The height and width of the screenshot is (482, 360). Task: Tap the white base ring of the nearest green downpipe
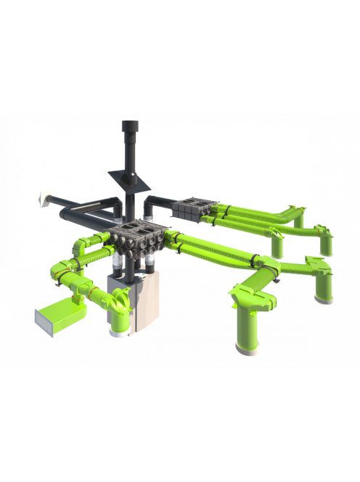247,351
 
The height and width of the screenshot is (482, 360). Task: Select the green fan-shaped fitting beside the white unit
119,297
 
